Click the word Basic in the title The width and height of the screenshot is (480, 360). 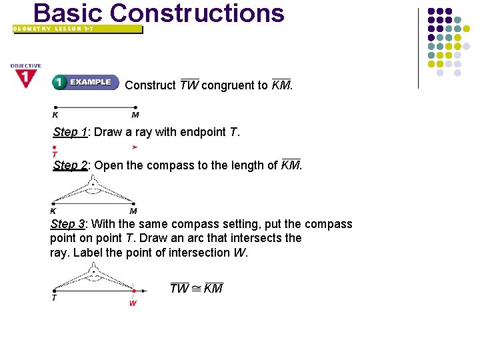(67, 13)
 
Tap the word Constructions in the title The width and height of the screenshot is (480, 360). (197, 13)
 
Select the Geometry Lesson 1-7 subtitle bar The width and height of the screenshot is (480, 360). (77, 29)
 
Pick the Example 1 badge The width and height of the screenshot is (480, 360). (85, 82)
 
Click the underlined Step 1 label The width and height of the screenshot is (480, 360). (70, 132)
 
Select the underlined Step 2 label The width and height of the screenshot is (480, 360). (70, 165)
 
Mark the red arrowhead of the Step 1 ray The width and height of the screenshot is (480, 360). (135, 147)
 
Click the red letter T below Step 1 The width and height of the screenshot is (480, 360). (54, 155)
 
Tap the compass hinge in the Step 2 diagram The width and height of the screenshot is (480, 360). (93, 182)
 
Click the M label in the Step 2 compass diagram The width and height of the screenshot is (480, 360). (133, 211)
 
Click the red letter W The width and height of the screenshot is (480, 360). (133, 303)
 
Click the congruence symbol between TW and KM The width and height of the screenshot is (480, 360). (197, 289)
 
